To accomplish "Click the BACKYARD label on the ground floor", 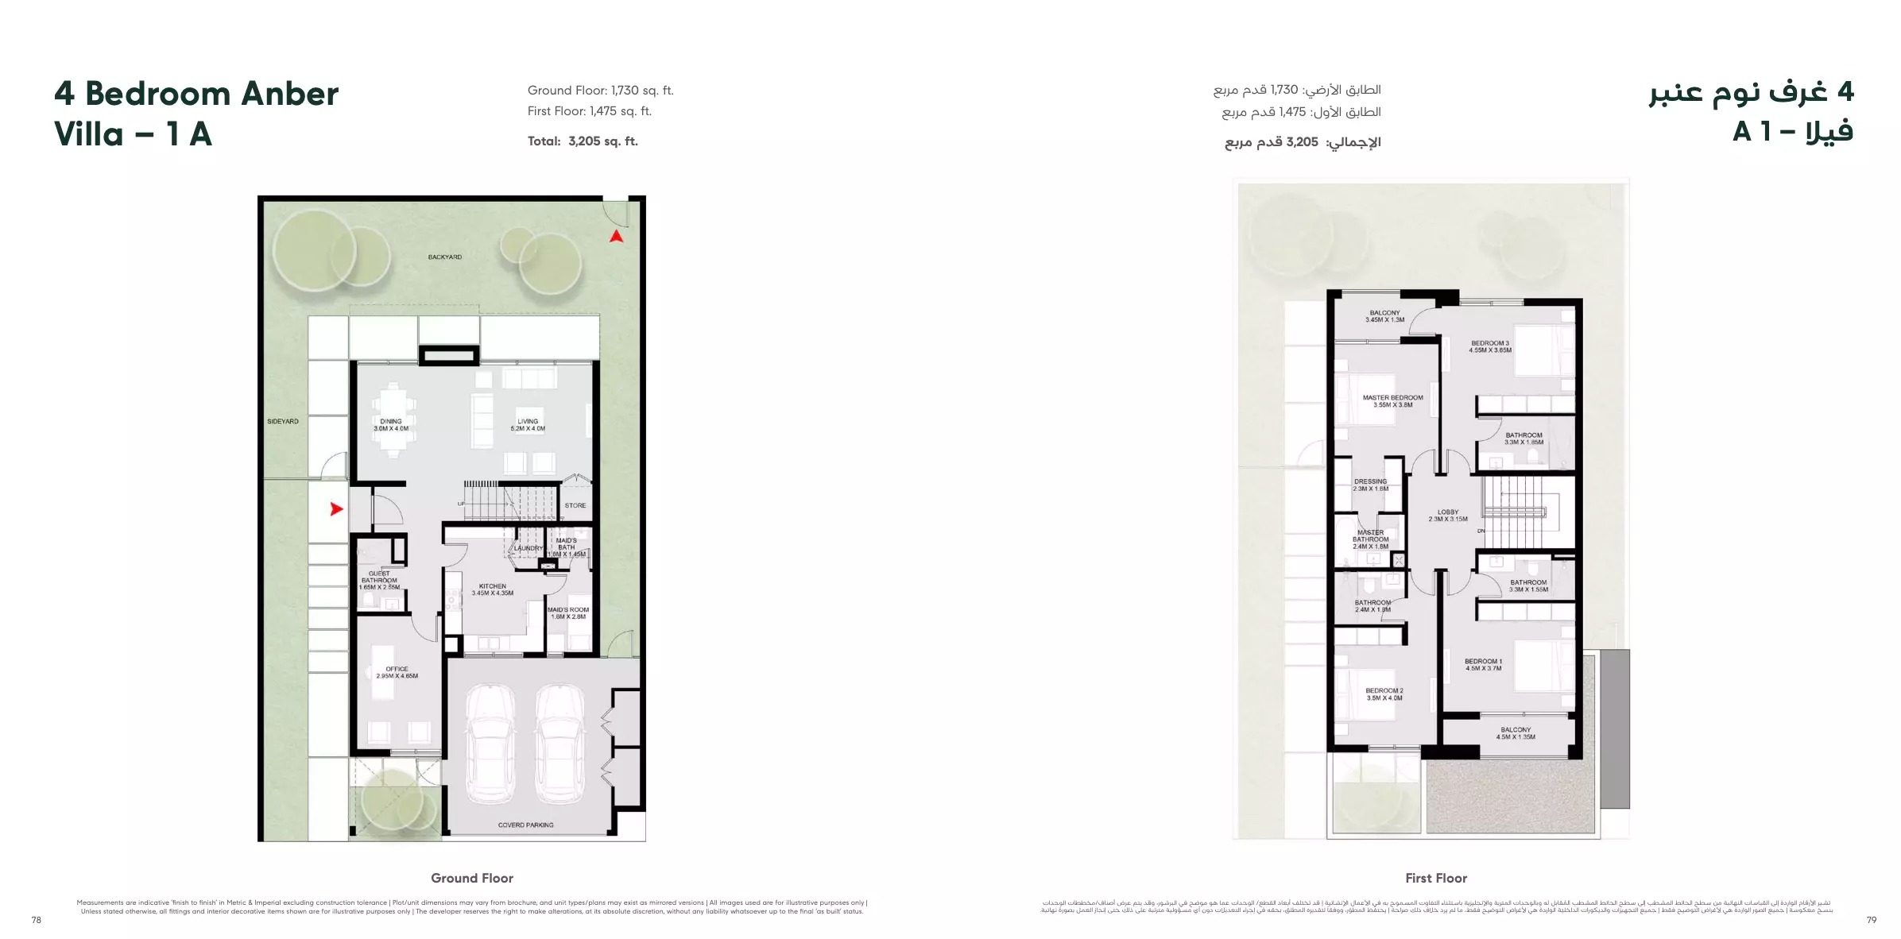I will click(x=444, y=257).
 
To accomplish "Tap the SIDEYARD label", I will click(x=283, y=421).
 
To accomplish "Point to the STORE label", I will click(x=575, y=505).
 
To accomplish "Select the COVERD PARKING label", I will click(x=525, y=825).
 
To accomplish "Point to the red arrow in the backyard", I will click(x=616, y=236).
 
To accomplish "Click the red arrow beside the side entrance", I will click(x=336, y=508).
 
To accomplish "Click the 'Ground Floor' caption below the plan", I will click(x=472, y=878).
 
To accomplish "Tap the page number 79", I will click(x=1871, y=920).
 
